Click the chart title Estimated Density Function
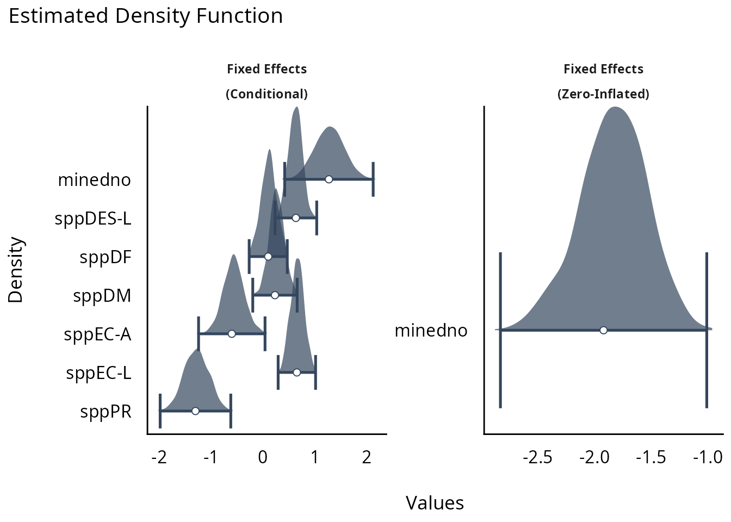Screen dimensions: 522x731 [146, 16]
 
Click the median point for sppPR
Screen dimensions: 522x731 [195, 411]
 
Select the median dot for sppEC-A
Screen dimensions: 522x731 [232, 333]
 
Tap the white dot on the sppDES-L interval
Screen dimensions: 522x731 [295, 218]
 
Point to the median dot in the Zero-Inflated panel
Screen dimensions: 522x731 [603, 330]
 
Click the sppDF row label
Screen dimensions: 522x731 [106, 257]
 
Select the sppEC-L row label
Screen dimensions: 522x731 [98, 373]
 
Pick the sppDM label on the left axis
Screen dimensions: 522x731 [102, 296]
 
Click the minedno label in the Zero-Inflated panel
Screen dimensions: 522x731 [431, 331]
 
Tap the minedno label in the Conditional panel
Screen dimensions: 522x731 [94, 180]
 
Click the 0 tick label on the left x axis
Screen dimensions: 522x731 [263, 457]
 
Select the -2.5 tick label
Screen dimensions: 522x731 [537, 457]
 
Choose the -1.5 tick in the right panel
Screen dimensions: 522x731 [651, 457]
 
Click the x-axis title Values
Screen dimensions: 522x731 [435, 503]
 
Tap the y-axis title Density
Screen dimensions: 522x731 [16, 270]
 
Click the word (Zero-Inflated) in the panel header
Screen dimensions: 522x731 [603, 94]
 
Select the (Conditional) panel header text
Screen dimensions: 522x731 [267, 94]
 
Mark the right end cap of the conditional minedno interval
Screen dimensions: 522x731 [373, 179]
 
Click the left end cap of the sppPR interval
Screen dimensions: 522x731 [160, 411]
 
